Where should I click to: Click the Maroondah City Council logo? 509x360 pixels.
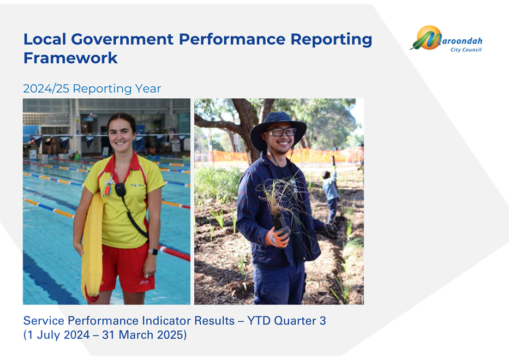446,39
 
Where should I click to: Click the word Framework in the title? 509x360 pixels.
70,58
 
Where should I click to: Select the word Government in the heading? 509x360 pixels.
122,39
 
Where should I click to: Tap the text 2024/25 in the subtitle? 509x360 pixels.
46,88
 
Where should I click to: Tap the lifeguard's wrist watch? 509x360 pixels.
153,251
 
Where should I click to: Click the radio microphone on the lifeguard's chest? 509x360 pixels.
121,190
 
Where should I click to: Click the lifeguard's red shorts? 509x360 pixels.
128,268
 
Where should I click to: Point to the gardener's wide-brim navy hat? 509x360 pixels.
278,129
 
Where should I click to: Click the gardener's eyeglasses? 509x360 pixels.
280,132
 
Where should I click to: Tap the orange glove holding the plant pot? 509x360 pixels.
277,237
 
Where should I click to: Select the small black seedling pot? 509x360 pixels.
279,223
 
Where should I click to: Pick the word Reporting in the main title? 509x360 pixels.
331,40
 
